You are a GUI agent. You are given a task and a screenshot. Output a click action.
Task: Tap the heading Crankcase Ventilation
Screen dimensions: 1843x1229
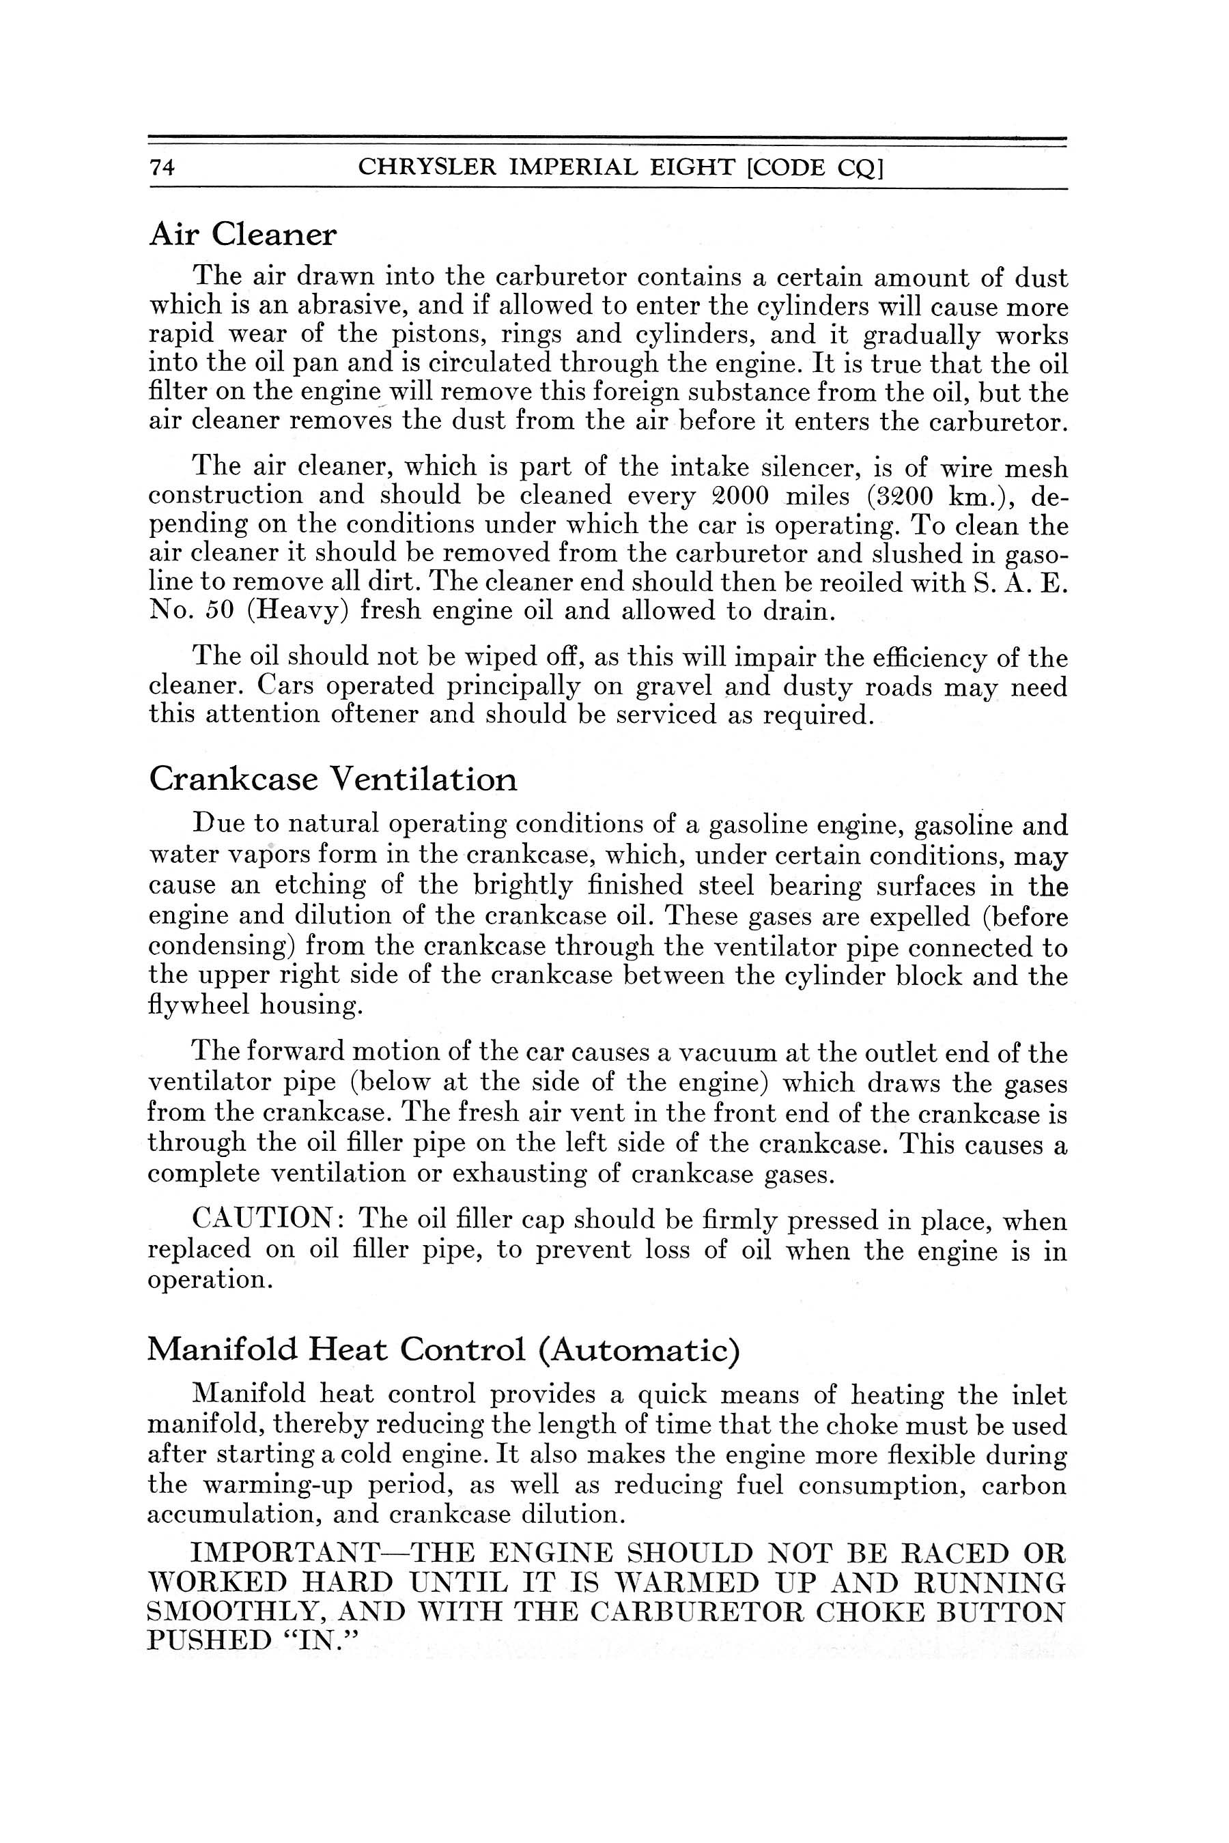point(333,779)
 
